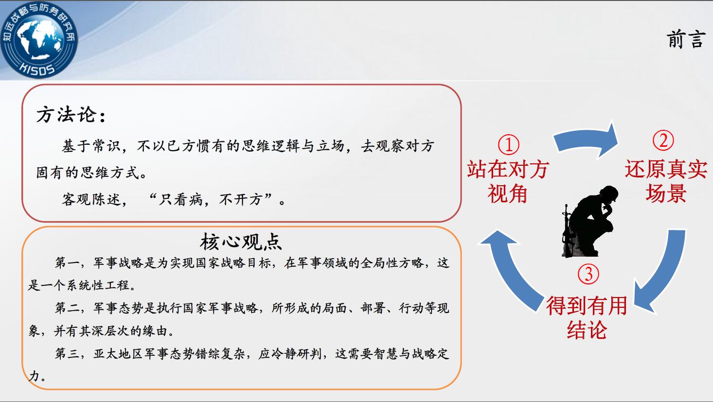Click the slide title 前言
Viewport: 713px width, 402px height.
pyautogui.click(x=686, y=39)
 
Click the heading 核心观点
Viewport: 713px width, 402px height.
pyautogui.click(x=241, y=242)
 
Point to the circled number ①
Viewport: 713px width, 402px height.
pyautogui.click(x=508, y=145)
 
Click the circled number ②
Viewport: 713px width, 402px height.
pyautogui.click(x=663, y=140)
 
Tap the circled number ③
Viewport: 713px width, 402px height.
pyautogui.click(x=588, y=274)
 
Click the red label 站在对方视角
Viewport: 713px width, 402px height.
pyautogui.click(x=508, y=181)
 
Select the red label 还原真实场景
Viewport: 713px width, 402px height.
pyautogui.click(x=666, y=181)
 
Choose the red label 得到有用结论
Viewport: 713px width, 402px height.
pyautogui.click(x=587, y=317)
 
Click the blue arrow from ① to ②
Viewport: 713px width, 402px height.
pyautogui.click(x=586, y=137)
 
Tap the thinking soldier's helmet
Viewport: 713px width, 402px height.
pyautogui.click(x=608, y=193)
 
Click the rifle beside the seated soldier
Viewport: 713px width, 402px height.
pyautogui.click(x=567, y=231)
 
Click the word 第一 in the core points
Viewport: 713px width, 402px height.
pyautogui.click(x=67, y=262)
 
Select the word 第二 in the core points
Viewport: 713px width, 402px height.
pyautogui.click(x=67, y=308)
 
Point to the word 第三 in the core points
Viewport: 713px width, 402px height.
pyautogui.click(x=67, y=353)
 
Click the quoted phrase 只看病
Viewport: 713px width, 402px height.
pyautogui.click(x=180, y=199)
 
